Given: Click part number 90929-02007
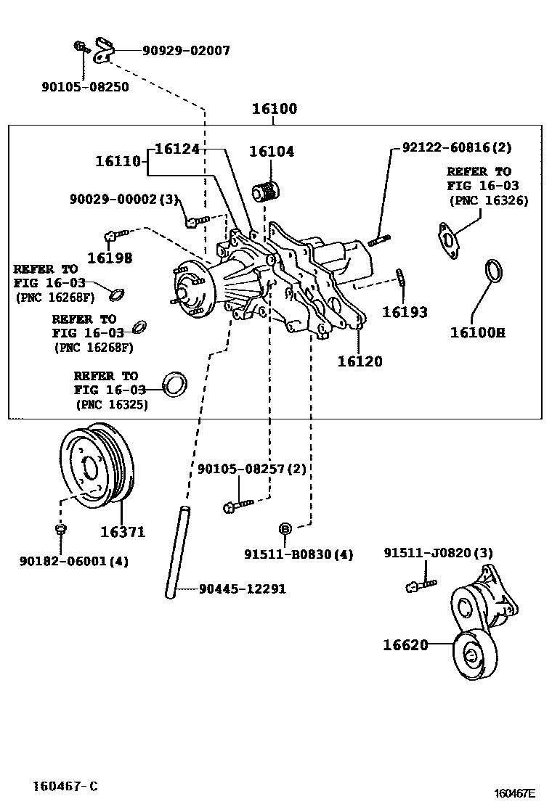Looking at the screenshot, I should (x=186, y=51).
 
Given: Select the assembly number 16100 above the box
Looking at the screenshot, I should (x=275, y=110).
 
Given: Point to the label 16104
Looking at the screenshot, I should (x=271, y=152).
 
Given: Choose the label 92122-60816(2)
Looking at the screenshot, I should (x=457, y=147).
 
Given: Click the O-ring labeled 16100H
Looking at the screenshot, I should (x=494, y=271).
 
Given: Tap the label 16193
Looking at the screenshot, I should (x=405, y=312).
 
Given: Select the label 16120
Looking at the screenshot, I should (x=360, y=361).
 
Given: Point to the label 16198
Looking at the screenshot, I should (x=110, y=257).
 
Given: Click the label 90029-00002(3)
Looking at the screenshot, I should (x=124, y=199).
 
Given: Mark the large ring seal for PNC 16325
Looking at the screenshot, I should (x=174, y=385).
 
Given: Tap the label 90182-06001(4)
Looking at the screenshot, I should (x=73, y=561).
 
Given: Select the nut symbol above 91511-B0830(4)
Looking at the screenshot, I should (x=285, y=528).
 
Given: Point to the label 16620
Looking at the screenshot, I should (x=405, y=644).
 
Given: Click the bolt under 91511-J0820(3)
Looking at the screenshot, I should (x=419, y=583).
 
